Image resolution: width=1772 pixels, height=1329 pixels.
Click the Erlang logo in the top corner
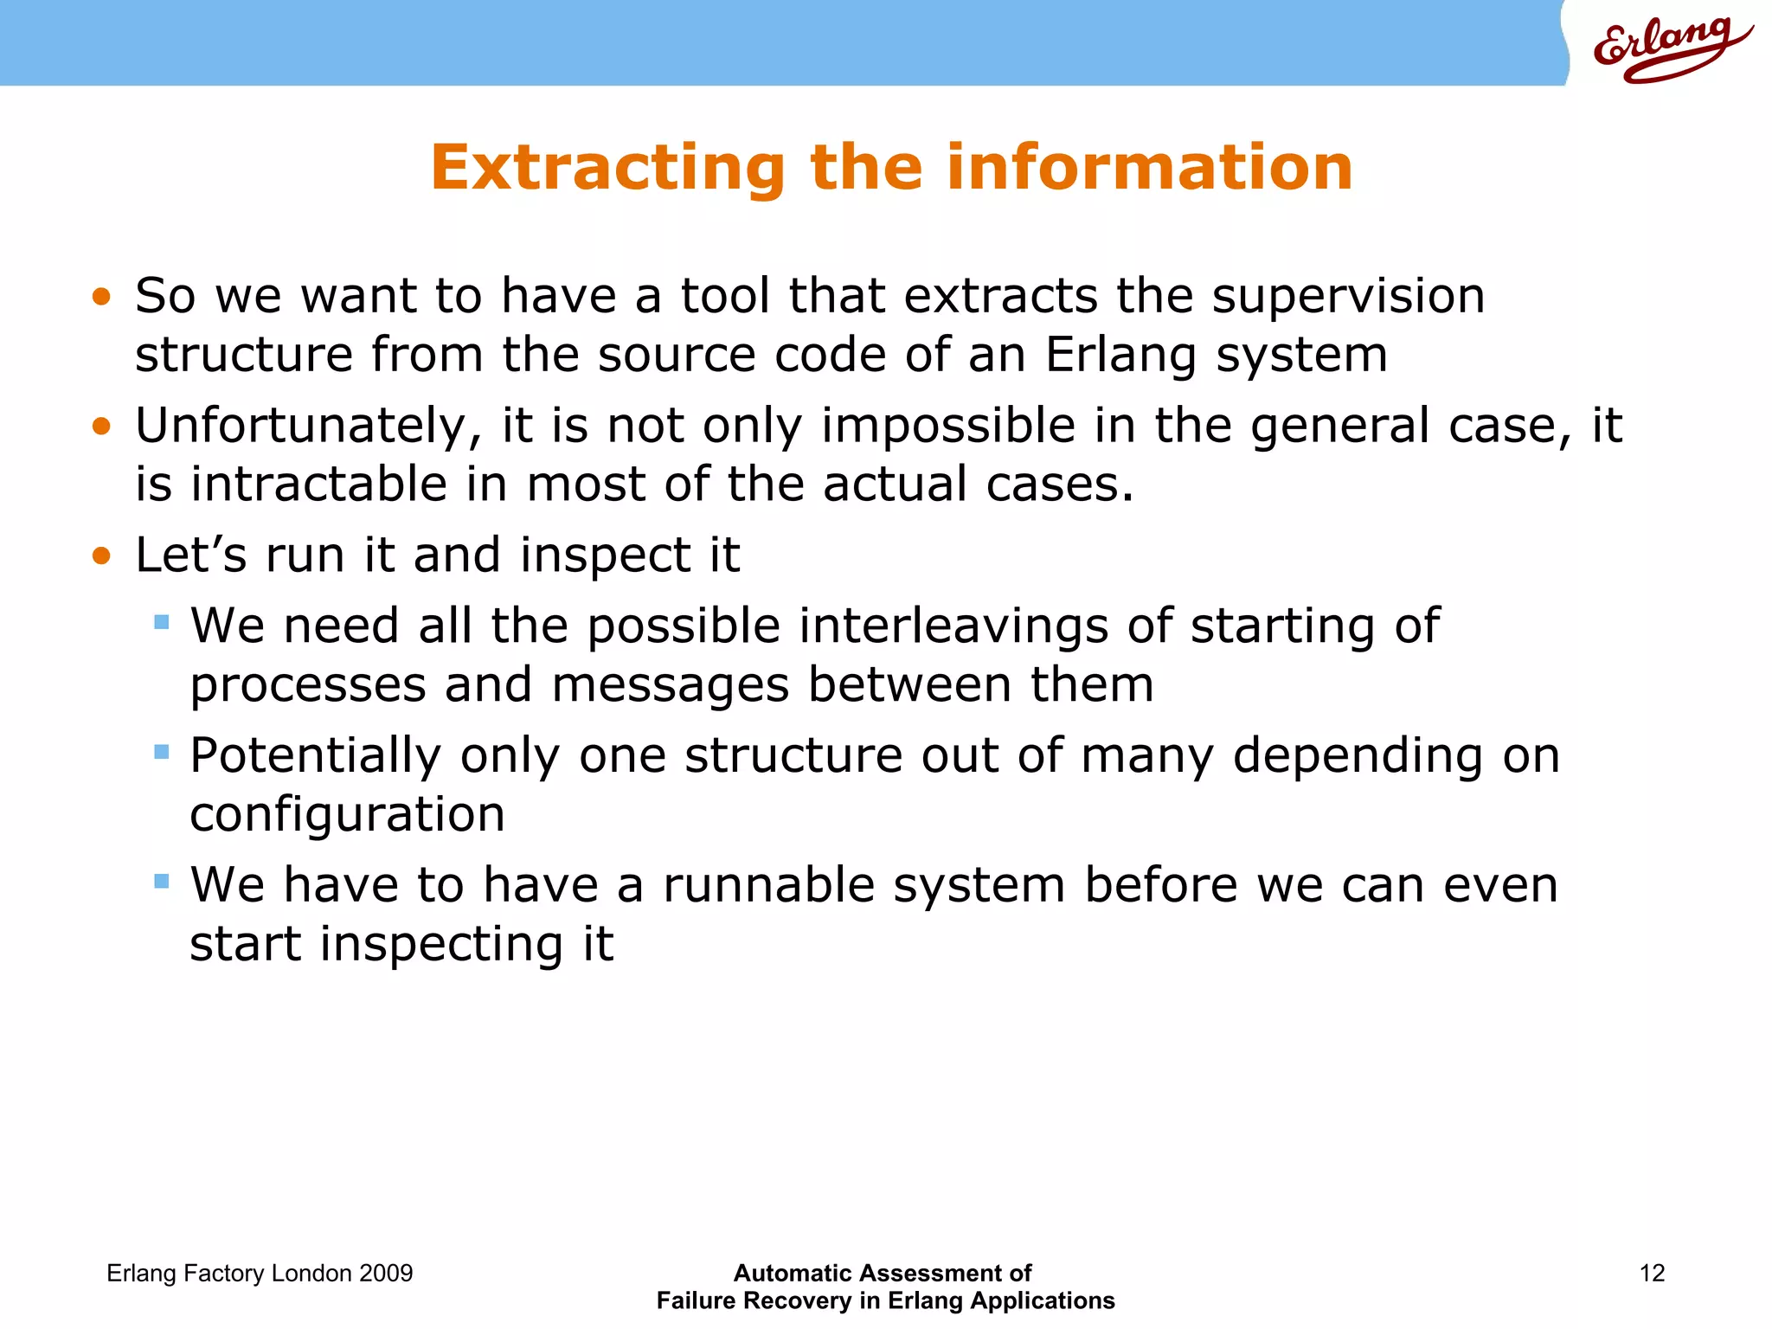tap(1670, 48)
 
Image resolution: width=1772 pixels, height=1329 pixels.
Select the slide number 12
tap(1652, 1273)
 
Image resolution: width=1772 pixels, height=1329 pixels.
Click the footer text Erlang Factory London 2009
tap(260, 1273)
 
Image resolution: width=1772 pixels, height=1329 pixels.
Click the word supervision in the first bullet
tap(1348, 297)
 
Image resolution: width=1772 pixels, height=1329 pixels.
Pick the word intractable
tap(318, 484)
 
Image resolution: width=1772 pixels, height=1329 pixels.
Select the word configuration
tap(347, 814)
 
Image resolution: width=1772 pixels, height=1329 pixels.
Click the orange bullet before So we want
tap(102, 298)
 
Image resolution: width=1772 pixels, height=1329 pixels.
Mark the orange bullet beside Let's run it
tap(102, 555)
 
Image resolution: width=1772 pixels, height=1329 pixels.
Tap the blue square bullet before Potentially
tap(162, 752)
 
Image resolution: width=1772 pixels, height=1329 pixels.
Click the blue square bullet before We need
tap(162, 622)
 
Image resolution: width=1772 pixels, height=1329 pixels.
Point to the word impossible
tap(948, 427)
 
